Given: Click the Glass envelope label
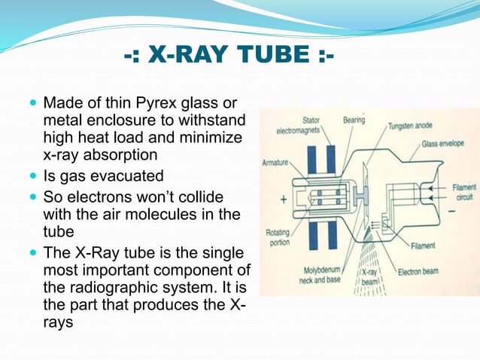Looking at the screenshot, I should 447,142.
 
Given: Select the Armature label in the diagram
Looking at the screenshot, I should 276,162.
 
